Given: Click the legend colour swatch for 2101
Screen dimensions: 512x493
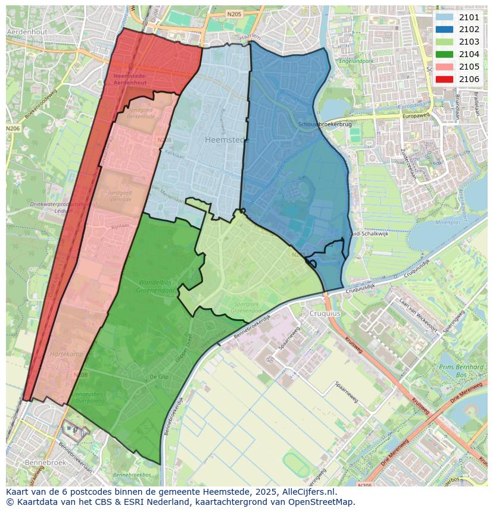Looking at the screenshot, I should (444, 17).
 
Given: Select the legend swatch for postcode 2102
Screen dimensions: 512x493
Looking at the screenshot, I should (444, 29).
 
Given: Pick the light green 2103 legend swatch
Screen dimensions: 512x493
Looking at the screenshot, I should (444, 42).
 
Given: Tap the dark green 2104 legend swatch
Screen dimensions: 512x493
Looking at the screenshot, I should (444, 54).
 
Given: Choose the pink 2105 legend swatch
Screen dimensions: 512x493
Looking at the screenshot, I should (444, 67).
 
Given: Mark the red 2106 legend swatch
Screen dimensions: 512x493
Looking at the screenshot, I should (444, 79).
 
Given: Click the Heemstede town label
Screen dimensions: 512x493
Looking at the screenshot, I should (226, 140).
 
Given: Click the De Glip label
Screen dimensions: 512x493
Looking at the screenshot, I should (159, 377).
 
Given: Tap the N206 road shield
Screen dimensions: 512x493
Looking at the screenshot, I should (13, 128).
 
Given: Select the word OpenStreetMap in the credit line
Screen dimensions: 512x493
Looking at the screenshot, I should (324, 502).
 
